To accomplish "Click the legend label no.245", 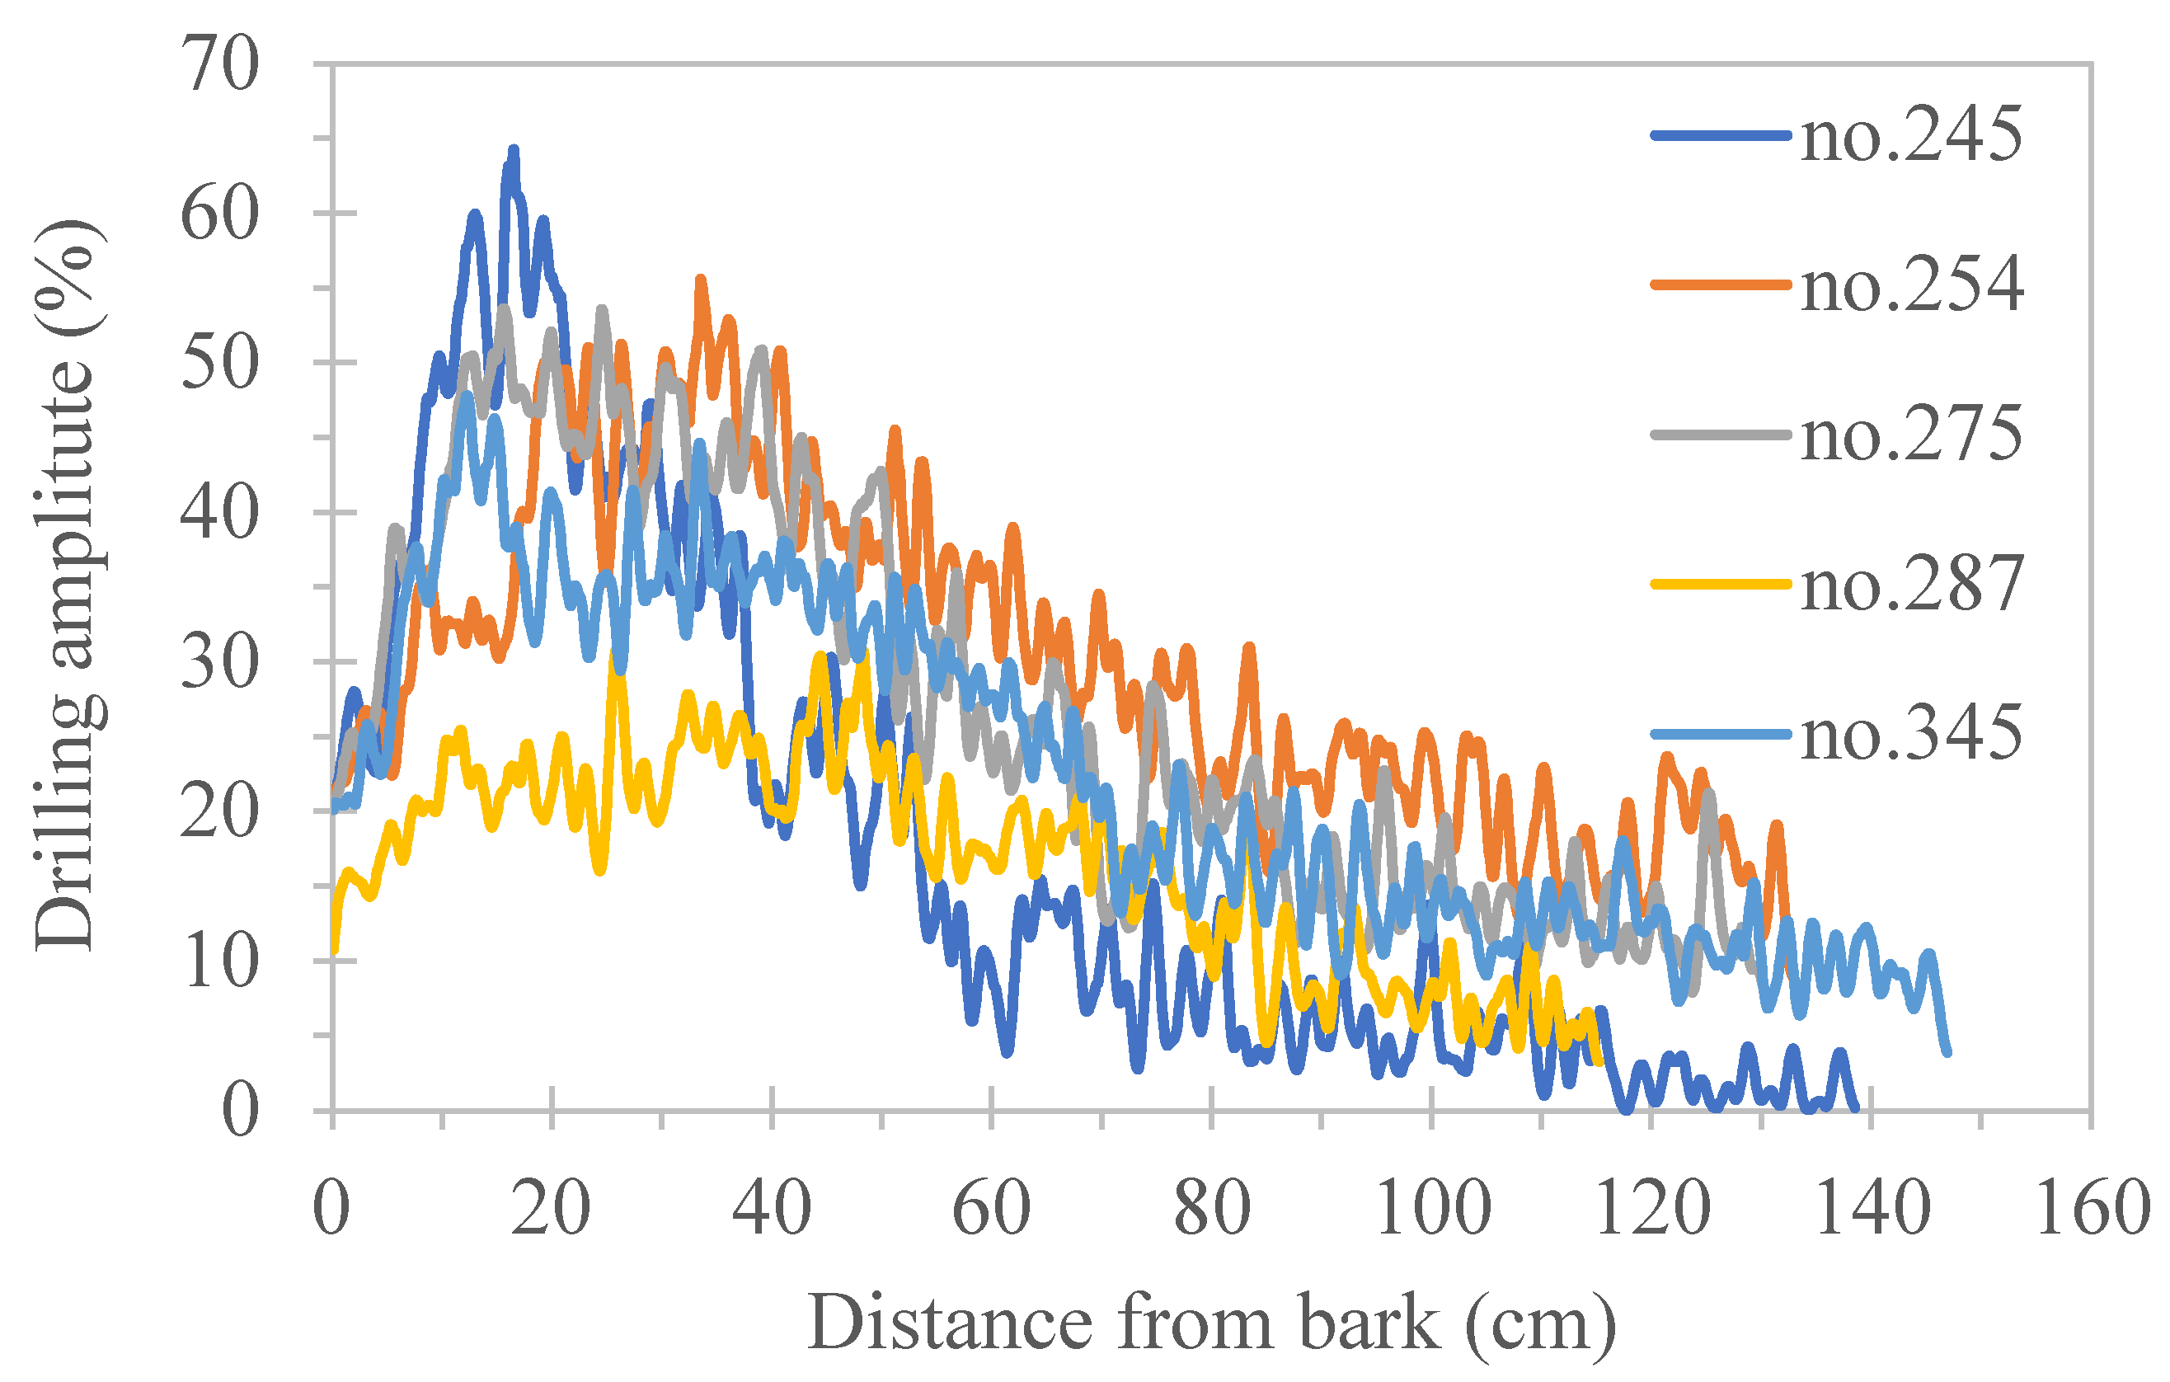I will coord(1910,135).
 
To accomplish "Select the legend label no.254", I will coord(1910,284).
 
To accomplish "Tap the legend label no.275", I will coord(1910,435).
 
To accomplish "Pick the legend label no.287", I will coord(1910,584).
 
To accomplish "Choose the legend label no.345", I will coord(1910,734).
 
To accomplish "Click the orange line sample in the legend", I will coord(1719,284).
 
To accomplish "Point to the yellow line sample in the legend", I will coord(1719,584).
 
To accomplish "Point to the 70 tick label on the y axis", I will coord(220,65).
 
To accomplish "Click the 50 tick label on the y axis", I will coord(220,364).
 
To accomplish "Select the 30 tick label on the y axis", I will coord(220,663).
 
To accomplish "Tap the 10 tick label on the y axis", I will coord(220,962).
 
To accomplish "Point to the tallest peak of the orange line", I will coord(700,280).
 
